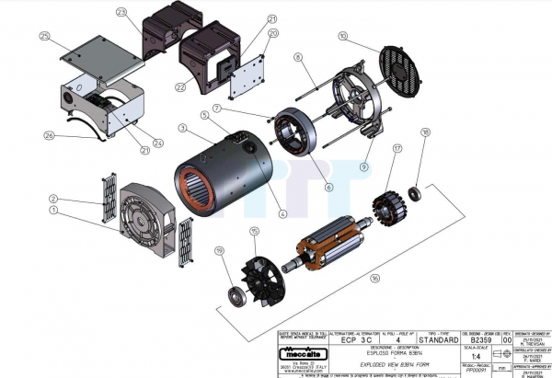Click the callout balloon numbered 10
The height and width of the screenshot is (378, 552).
(x=343, y=37)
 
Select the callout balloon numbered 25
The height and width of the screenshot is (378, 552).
(x=44, y=36)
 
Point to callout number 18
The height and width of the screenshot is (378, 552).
(x=425, y=132)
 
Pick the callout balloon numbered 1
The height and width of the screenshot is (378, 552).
(x=53, y=210)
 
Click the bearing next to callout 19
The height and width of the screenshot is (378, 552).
(x=235, y=293)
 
